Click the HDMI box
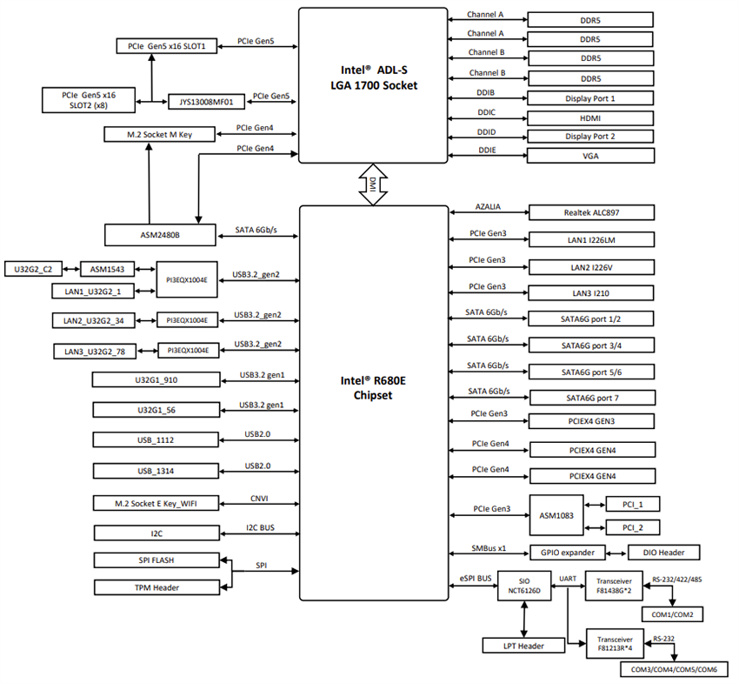590,117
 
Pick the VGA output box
590,156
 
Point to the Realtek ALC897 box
590,212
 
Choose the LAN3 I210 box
590,293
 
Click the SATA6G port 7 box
590,398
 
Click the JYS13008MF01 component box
206,101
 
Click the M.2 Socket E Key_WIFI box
156,503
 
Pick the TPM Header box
156,587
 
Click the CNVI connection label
258,498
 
